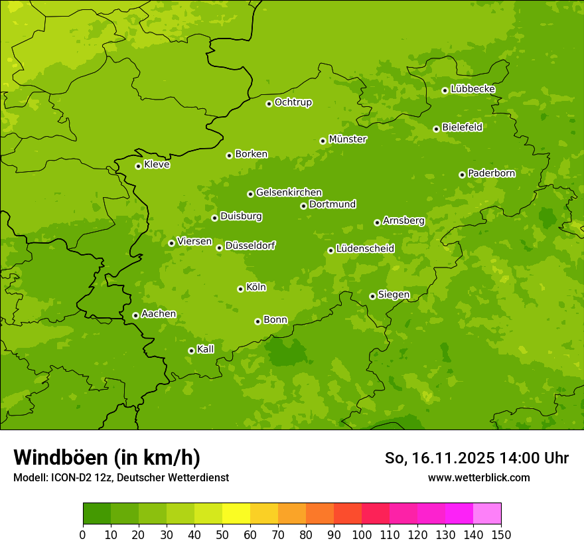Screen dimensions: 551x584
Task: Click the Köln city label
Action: point(256,287)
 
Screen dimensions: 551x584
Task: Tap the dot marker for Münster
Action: point(323,141)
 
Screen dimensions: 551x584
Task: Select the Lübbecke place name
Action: point(473,89)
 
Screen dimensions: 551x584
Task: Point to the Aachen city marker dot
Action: point(136,315)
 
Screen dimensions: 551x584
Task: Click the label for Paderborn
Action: point(491,173)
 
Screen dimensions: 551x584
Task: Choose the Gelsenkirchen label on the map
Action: point(289,193)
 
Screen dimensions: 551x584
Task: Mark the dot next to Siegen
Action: point(373,296)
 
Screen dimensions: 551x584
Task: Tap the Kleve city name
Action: point(157,165)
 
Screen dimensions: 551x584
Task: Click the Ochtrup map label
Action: point(293,102)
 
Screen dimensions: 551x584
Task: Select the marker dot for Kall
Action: point(192,351)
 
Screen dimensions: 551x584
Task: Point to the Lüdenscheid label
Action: point(365,249)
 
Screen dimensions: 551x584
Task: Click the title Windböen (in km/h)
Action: point(107,457)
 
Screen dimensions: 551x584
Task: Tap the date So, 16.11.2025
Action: point(439,458)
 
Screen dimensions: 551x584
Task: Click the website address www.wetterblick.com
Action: point(478,477)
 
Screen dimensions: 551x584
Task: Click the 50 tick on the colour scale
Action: point(222,535)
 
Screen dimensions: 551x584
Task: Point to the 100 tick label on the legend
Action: point(362,535)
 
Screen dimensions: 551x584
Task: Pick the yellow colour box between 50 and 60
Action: point(236,514)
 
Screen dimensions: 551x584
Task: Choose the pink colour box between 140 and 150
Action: point(487,514)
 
